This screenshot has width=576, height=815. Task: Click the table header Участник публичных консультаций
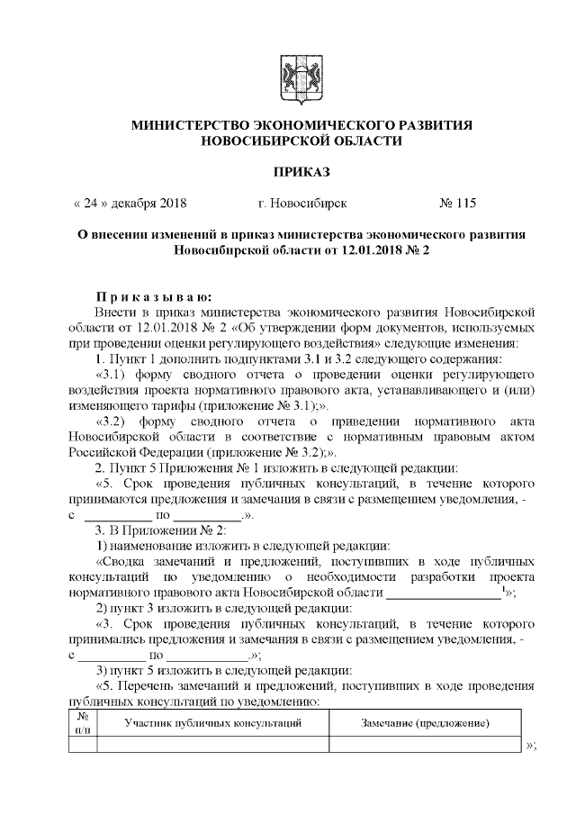tap(211, 723)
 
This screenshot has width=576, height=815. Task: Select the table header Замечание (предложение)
tap(424, 723)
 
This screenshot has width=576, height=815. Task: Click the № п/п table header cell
tap(82, 723)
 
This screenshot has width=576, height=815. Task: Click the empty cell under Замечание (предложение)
tap(424, 744)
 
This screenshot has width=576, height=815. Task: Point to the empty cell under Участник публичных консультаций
tap(211, 744)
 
